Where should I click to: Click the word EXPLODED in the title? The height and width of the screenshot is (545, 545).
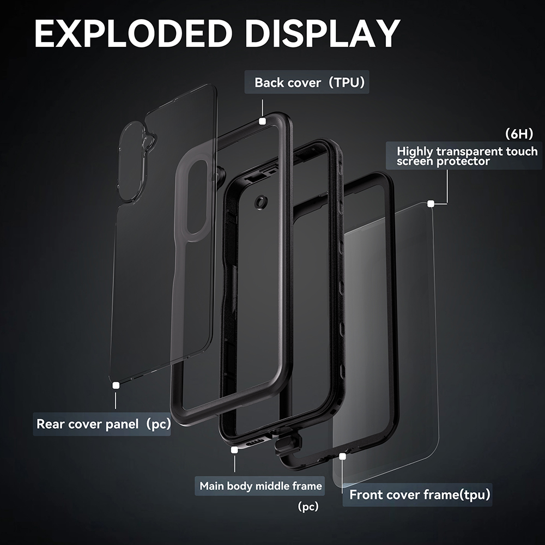134,33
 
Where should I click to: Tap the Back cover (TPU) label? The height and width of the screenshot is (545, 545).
307,82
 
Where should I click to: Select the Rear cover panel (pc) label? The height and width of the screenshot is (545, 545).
102,424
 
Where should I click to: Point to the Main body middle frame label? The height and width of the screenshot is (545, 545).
260,486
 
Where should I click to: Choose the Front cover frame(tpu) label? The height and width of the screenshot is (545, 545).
417,494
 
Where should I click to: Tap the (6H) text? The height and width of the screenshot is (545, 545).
519,134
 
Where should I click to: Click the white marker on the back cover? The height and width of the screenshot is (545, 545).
263,121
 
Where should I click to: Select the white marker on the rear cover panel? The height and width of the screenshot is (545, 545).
116,385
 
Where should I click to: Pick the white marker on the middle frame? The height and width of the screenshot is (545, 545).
234,450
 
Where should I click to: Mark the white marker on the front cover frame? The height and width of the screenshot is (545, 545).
343,456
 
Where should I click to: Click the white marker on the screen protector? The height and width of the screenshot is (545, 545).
431,204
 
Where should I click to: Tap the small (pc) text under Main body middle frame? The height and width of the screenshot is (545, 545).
308,507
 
